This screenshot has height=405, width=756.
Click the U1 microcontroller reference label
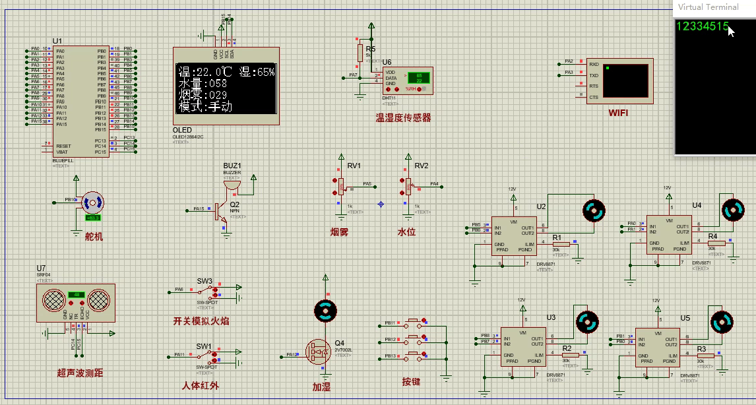57,41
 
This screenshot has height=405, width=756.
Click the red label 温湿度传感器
403,118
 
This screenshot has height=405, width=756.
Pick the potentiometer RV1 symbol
340,187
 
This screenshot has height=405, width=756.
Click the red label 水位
406,232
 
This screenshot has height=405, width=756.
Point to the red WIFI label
618,113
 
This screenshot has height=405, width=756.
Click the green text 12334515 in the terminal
702,27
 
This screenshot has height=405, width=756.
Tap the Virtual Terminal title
709,7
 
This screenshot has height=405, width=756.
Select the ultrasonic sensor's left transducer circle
54,301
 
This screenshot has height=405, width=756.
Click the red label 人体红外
201,386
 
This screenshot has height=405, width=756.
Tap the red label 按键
411,382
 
